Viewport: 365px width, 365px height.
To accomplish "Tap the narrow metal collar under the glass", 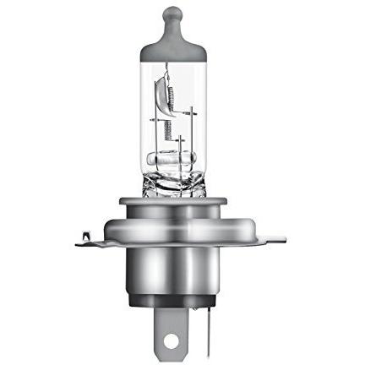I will click(x=173, y=203).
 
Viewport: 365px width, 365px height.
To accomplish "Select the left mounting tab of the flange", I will click(x=93, y=241).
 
